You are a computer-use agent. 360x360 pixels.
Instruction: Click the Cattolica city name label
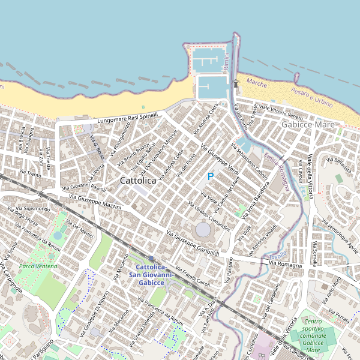pyautogui.click(x=138, y=180)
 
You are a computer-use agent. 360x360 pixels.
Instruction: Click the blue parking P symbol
pyautogui.click(x=211, y=176)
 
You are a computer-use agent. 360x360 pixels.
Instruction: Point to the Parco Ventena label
pyautogui.click(x=37, y=265)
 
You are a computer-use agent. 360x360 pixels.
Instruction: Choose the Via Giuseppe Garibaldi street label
pyautogui.click(x=192, y=245)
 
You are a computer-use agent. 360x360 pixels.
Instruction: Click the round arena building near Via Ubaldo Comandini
pyautogui.click(x=203, y=229)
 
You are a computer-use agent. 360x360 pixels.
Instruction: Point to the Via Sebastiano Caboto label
pyautogui.click(x=249, y=160)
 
